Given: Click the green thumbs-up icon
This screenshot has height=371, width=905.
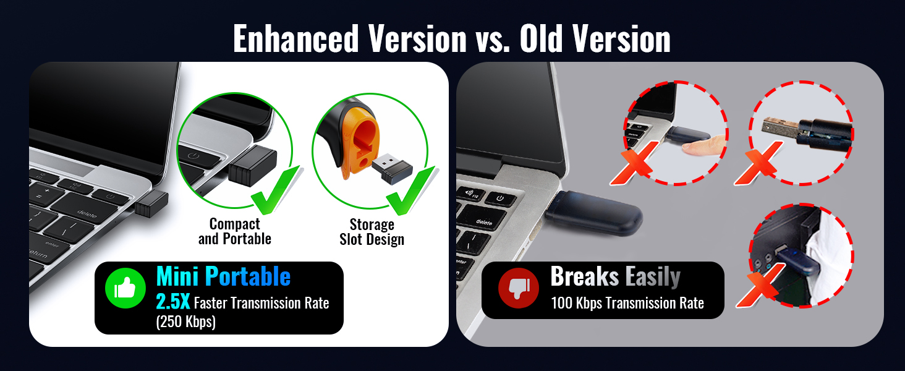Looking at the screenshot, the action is pyautogui.click(x=125, y=288).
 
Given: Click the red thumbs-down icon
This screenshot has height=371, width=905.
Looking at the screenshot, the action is pyautogui.click(x=519, y=288).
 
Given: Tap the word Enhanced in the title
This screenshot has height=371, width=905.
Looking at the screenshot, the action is pyautogui.click(x=295, y=39).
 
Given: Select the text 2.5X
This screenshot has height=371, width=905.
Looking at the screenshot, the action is pyautogui.click(x=172, y=302).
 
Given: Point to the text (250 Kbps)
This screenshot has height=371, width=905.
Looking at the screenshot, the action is pyautogui.click(x=186, y=322).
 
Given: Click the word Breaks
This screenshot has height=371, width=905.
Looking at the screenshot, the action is pyautogui.click(x=584, y=276).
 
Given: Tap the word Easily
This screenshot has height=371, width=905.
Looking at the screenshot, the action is pyautogui.click(x=653, y=278).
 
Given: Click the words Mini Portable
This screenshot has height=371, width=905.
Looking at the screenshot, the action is pyautogui.click(x=223, y=276).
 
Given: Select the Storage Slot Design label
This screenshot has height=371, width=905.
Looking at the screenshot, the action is pyautogui.click(x=372, y=232).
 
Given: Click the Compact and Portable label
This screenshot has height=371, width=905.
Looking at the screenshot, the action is pyautogui.click(x=235, y=231).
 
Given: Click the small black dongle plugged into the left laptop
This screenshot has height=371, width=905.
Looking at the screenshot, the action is pyautogui.click(x=151, y=203).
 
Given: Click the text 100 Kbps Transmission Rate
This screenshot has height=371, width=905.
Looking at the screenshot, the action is pyautogui.click(x=627, y=303).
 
